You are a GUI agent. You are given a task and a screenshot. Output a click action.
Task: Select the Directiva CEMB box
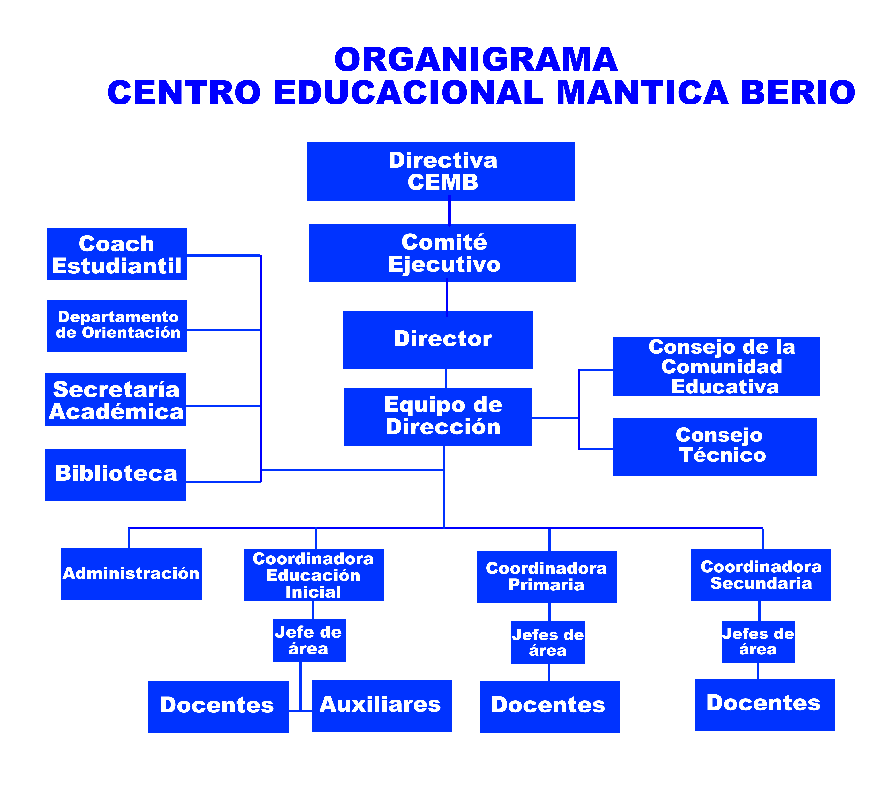coord(441,172)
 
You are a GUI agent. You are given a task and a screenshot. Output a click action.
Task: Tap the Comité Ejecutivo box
coord(443,253)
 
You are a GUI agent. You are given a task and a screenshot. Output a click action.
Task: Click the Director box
coord(438,340)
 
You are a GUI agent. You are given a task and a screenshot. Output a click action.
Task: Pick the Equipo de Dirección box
coord(438,417)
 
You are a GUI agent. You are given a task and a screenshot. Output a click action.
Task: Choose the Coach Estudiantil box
coord(117,254)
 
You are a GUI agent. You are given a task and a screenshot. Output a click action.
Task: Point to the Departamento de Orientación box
coord(117,325)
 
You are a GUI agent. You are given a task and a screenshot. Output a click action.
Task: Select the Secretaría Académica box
coord(116,399)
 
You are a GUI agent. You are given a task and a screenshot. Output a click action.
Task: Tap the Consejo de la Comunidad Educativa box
coord(716,367)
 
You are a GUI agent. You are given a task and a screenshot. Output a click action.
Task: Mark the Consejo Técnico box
coord(715,447)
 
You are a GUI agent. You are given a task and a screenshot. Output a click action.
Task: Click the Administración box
coord(131,574)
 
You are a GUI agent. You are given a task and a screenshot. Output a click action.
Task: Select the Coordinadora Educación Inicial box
coord(314,575)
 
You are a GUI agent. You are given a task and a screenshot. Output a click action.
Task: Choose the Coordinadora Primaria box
coord(547,577)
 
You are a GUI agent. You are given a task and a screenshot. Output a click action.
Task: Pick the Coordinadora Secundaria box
coord(761,575)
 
